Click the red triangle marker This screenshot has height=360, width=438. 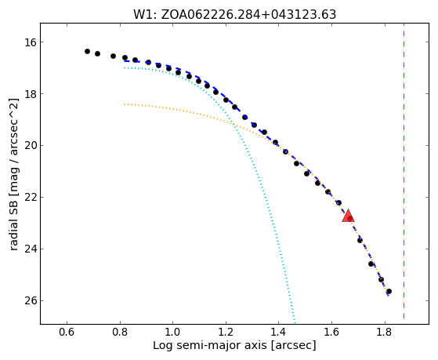(x=348, y=216)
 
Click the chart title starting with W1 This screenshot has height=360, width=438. (x=234, y=14)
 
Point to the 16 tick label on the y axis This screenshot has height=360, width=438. (x=31, y=42)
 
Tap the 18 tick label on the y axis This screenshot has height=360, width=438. (x=31, y=94)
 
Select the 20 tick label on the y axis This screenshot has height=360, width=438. (x=31, y=146)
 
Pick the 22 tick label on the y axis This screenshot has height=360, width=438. (x=31, y=198)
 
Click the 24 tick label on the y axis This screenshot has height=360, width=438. (x=31, y=249)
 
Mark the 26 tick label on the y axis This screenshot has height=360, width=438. (x=31, y=301)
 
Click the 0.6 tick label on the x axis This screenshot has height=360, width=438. (x=67, y=332)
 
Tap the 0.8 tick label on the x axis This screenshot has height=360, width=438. (x=120, y=332)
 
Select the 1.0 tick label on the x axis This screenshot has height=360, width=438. (x=173, y=332)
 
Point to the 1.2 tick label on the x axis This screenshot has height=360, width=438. (x=226, y=332)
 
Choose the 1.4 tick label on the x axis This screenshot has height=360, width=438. (x=278, y=332)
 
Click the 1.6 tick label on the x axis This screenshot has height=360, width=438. (x=331, y=332)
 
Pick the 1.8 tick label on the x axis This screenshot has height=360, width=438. (x=385, y=332)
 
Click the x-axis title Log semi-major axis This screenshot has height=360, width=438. (x=234, y=345)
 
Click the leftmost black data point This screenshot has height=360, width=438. (x=87, y=51)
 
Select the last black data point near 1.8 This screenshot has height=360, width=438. (x=389, y=292)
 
